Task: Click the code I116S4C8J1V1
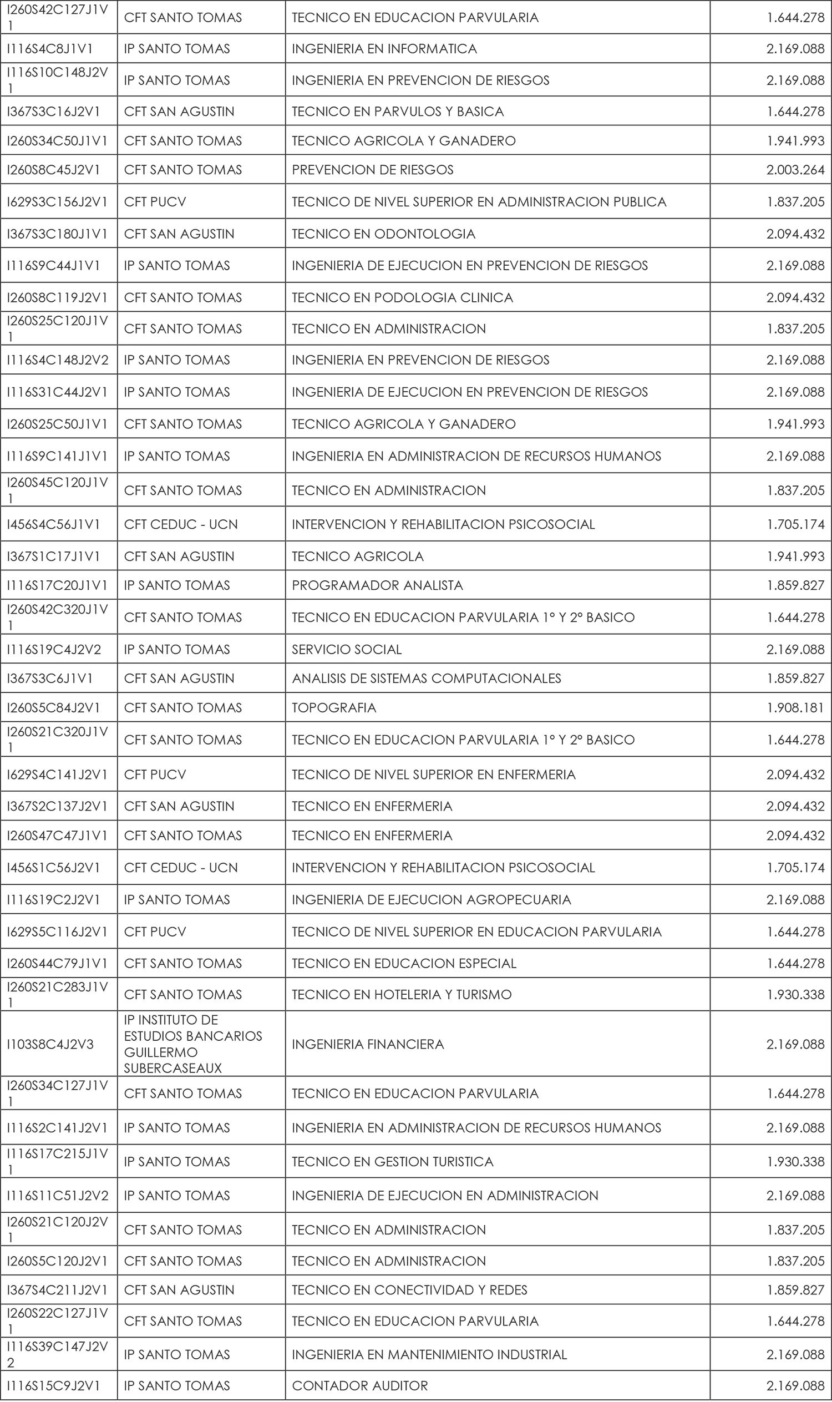(x=50, y=49)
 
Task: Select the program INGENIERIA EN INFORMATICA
(x=384, y=49)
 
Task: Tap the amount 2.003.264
(x=795, y=170)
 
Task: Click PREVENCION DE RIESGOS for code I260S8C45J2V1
(x=372, y=170)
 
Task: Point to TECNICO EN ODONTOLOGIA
(x=383, y=234)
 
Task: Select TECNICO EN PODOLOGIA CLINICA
(x=402, y=298)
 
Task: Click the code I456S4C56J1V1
(x=53, y=524)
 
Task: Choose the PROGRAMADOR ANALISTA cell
(x=377, y=585)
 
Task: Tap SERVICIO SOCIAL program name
(x=347, y=650)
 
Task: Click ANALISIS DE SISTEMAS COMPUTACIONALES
(x=426, y=679)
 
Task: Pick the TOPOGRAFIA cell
(x=333, y=708)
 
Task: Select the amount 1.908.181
(x=795, y=708)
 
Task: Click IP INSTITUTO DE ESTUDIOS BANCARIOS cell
(x=193, y=1044)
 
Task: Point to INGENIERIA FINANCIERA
(x=368, y=1044)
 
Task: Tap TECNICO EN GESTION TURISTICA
(x=393, y=1161)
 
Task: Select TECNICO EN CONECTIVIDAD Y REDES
(x=409, y=1290)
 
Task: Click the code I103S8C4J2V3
(x=50, y=1044)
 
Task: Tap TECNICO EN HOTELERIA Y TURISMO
(x=402, y=994)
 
